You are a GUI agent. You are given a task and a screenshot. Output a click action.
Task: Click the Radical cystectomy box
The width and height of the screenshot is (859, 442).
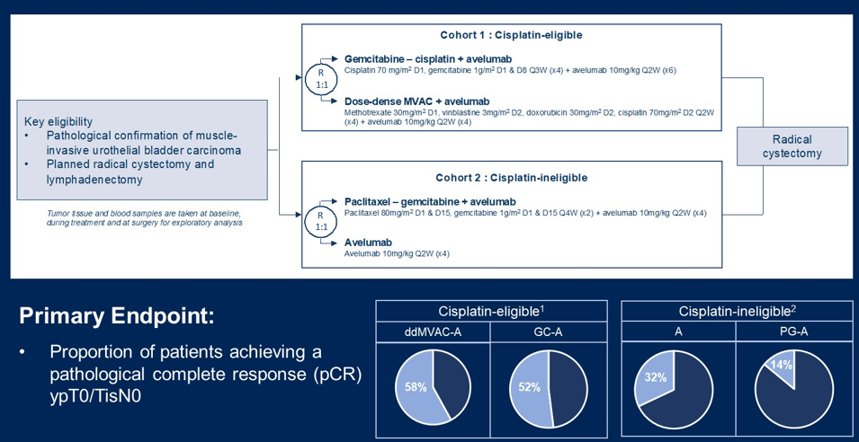792,146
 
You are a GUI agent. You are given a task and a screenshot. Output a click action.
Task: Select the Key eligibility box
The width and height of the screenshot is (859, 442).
142,149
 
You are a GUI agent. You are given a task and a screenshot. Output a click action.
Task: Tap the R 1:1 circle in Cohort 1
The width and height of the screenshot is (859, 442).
321,78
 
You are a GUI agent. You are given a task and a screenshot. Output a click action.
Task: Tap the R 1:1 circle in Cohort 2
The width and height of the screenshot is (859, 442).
321,221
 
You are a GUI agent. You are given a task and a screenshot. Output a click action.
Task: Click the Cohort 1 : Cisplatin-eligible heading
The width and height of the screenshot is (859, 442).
510,35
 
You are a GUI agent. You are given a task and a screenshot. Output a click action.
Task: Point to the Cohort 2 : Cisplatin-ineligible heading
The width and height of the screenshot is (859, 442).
510,177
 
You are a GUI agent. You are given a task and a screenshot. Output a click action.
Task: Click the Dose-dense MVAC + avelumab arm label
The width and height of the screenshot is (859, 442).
416,101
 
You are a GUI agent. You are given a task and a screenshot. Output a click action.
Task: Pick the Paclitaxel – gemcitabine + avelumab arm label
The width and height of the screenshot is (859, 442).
430,200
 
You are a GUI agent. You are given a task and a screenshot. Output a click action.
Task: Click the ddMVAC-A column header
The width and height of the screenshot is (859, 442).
433,331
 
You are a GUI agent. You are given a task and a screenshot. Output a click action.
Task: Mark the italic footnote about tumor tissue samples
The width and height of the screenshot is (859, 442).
145,218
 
